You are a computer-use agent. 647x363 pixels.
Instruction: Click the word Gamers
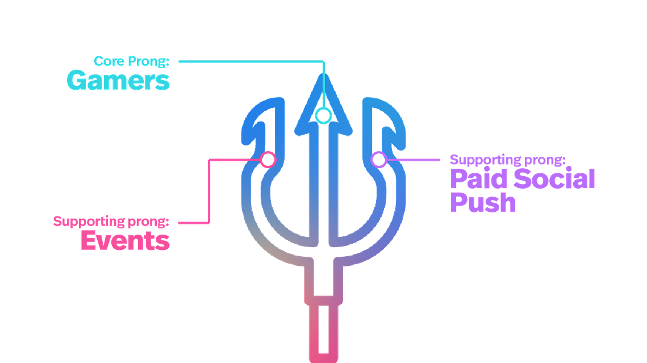click(118, 80)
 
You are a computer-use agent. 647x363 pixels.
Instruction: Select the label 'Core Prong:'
click(132, 61)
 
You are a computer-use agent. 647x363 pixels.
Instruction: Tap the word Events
click(126, 240)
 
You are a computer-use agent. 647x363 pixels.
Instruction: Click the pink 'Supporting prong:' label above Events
click(111, 222)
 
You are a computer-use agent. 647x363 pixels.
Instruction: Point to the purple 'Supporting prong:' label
click(507, 160)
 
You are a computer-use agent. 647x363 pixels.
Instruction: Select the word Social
click(554, 179)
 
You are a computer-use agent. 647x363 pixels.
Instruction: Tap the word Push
click(483, 203)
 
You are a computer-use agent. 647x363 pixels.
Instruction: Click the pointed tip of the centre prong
click(324, 74)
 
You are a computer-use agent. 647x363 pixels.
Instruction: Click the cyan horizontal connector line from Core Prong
click(252, 61)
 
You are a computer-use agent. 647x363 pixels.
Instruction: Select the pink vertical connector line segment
click(209, 191)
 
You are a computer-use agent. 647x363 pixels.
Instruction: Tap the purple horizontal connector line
click(414, 160)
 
